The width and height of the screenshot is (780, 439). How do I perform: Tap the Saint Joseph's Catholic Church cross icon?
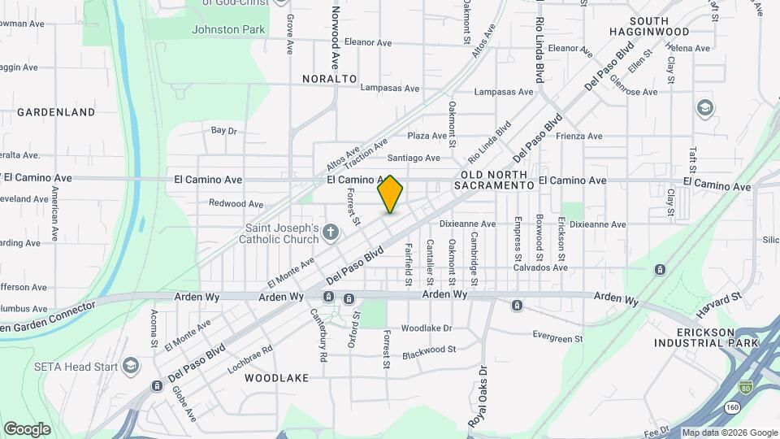(x=330, y=233)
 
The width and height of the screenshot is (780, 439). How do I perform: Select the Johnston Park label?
(x=228, y=30)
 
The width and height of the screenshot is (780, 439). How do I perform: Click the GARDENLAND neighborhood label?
(x=56, y=112)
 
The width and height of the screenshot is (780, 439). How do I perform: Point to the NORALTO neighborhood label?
(x=330, y=79)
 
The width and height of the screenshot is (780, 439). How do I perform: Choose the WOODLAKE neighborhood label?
(x=276, y=378)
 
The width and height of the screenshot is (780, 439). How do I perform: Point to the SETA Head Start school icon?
(x=131, y=367)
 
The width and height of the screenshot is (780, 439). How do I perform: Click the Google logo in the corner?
(x=27, y=429)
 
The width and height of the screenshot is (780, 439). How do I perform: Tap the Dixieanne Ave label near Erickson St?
(x=601, y=224)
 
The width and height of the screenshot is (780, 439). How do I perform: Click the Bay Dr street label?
(x=223, y=130)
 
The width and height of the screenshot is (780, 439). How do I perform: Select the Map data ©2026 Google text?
(x=729, y=432)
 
